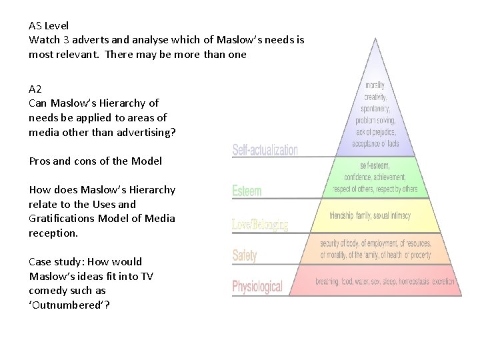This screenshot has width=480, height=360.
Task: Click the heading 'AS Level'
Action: [49, 26]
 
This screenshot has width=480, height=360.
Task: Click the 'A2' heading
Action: [35, 89]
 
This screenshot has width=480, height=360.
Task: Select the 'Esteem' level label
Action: [247, 191]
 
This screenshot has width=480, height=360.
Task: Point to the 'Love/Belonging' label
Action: [260, 225]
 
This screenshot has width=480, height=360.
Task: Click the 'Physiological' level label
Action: [257, 287]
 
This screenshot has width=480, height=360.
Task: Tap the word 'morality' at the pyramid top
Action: [375, 85]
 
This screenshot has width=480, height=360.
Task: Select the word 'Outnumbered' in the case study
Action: [63, 305]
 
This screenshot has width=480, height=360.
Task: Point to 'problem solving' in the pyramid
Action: [375, 121]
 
